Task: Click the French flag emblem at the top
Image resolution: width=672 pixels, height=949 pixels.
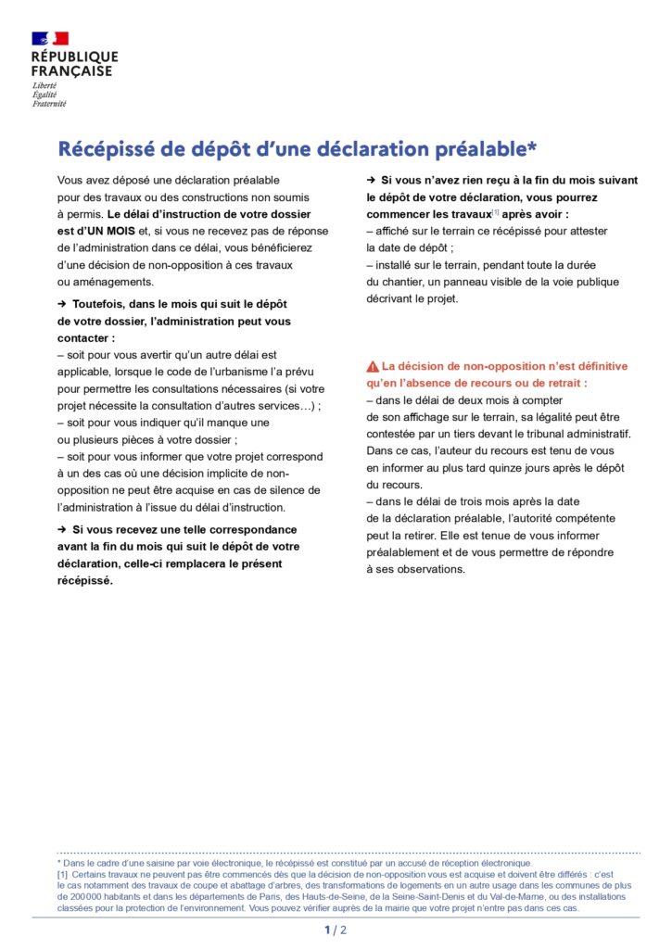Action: coord(50,38)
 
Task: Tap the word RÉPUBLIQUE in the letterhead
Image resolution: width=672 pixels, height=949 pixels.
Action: coord(74,57)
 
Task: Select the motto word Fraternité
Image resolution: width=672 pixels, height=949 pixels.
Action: coord(49,104)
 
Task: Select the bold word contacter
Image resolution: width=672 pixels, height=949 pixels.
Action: coord(83,338)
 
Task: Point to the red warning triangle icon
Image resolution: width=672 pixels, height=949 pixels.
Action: coord(372,366)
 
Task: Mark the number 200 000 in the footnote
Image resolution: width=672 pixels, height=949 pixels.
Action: coord(72,897)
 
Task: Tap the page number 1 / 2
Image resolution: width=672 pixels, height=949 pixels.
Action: coord(336,930)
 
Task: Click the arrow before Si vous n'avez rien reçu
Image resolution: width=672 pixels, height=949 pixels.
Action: coord(371,179)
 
